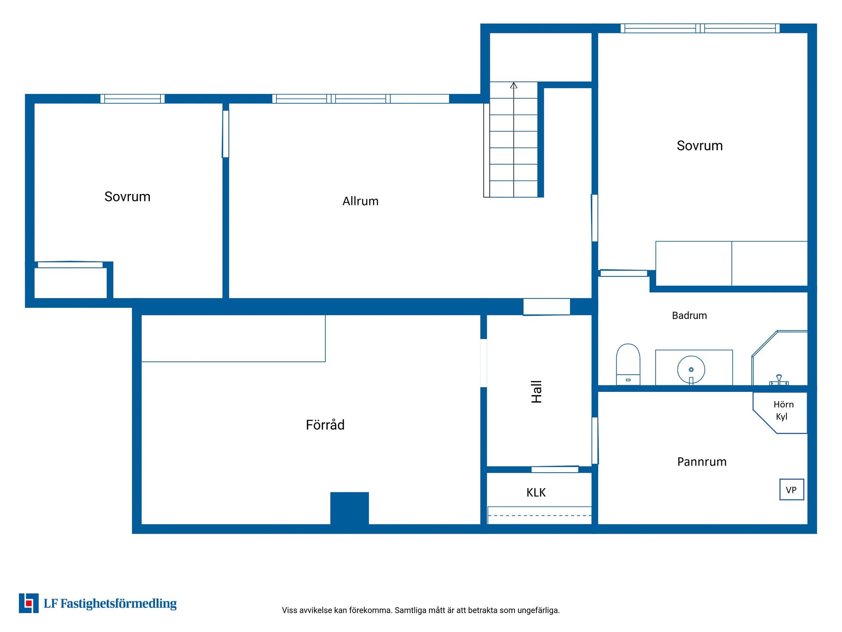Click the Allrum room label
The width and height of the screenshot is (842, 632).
click(x=360, y=201)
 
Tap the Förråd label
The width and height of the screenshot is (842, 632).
click(x=325, y=425)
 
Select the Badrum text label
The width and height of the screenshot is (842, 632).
click(x=689, y=316)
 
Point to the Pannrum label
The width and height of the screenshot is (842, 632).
click(x=702, y=462)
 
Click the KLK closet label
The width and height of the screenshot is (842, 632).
click(x=536, y=492)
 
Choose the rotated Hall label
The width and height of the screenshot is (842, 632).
click(x=536, y=391)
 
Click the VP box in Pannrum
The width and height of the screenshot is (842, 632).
click(x=792, y=489)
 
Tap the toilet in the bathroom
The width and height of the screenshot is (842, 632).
click(x=628, y=364)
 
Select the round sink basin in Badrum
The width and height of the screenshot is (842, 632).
click(x=691, y=370)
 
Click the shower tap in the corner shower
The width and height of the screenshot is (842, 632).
click(x=779, y=380)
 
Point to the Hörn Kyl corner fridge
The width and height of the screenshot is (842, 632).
click(x=780, y=413)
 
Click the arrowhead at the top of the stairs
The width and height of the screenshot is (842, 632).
click(x=514, y=85)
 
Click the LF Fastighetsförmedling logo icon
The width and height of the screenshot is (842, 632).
click(x=29, y=603)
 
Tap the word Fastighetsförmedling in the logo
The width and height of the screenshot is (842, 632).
click(x=118, y=604)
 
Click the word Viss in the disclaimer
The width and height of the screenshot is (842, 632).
click(x=289, y=610)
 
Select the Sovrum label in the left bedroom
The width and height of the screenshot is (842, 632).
click(x=127, y=197)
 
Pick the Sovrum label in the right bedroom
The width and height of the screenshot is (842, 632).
click(x=699, y=146)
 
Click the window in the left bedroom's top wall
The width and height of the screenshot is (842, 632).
click(x=132, y=99)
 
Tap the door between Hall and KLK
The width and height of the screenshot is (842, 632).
click(x=555, y=469)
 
